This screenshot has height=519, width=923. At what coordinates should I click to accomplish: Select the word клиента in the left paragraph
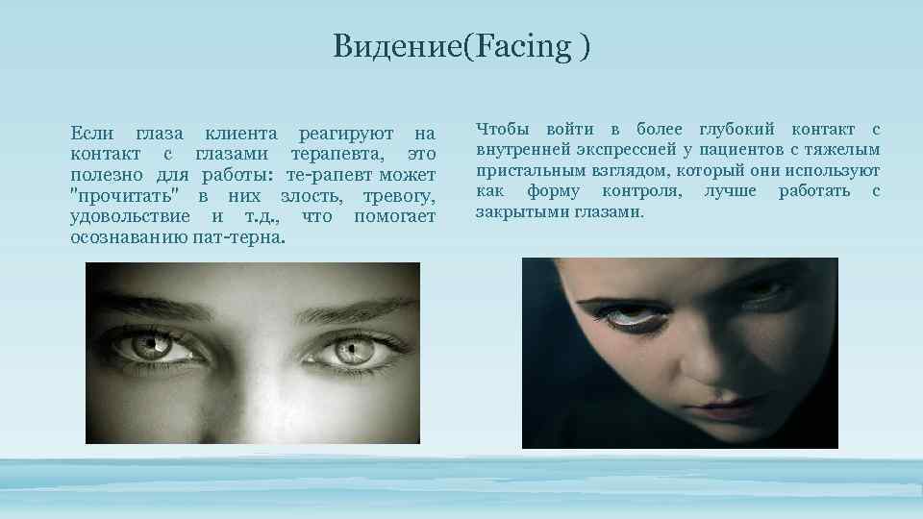coord(239,133)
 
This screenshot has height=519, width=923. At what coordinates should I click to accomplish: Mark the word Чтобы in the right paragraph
coord(504,130)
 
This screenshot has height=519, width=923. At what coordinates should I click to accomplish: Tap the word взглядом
coord(624,171)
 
